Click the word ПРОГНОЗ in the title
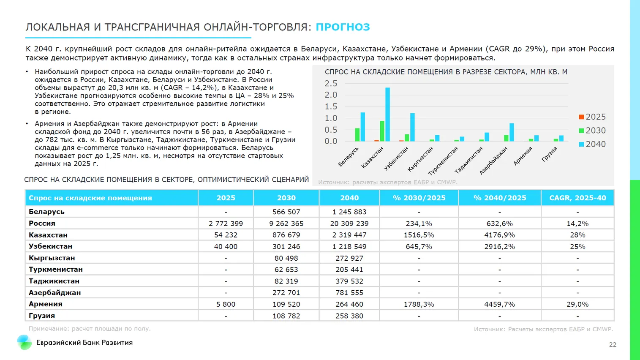[x=343, y=27]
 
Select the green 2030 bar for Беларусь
[x=357, y=135]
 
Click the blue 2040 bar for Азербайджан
[x=512, y=132]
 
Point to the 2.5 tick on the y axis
[x=331, y=83]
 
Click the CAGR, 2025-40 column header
[x=577, y=198]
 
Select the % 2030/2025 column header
[x=419, y=198]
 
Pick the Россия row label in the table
[x=42, y=224]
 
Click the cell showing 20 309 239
[x=349, y=224]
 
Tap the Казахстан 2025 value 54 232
[x=226, y=235]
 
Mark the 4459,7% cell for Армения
[x=499, y=304]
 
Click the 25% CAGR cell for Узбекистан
[x=577, y=246]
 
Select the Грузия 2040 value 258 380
[x=349, y=316]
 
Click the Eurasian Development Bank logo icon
[x=24, y=342]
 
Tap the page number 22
[x=613, y=345]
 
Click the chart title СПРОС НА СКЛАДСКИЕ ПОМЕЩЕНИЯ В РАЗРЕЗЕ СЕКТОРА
[x=446, y=72]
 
